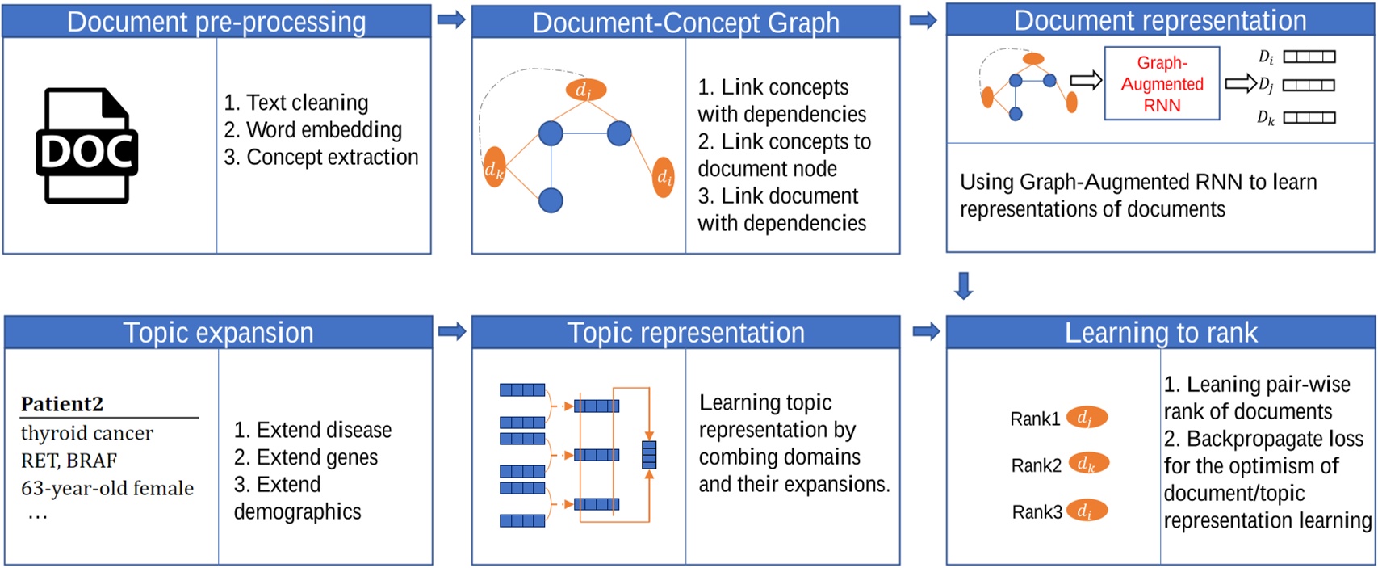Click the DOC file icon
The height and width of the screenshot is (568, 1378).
[86, 146]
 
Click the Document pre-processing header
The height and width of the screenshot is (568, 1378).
[216, 21]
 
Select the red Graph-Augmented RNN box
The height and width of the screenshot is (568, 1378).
[1161, 84]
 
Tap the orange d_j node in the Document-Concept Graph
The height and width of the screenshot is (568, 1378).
[585, 90]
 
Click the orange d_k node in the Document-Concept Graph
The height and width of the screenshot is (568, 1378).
[494, 168]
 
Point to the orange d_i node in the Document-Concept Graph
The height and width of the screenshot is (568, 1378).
[664, 177]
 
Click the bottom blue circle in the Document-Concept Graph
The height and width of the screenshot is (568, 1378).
[551, 200]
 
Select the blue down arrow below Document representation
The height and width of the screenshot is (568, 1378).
[963, 285]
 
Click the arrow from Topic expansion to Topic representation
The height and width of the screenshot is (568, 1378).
[452, 331]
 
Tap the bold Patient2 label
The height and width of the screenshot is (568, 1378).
[62, 403]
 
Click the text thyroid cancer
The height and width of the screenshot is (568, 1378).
[87, 433]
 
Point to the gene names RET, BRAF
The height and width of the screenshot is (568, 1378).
[69, 461]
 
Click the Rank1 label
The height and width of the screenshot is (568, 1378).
[1034, 419]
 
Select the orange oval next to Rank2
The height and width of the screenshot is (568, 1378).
[1087, 464]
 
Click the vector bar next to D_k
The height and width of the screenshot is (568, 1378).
[1309, 118]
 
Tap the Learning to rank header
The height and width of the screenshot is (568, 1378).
[1160, 332]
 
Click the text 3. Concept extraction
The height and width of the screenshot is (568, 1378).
[321, 157]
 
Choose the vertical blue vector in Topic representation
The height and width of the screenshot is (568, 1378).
[649, 455]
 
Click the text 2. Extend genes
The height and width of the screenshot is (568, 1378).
[306, 457]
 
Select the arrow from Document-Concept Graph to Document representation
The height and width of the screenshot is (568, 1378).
[923, 20]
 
